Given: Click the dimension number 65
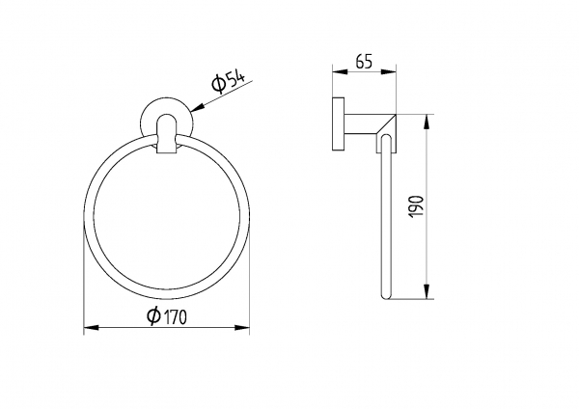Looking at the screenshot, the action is click(364, 62).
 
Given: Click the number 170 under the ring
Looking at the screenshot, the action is click(175, 316).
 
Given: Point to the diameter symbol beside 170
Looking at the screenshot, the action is click(153, 315).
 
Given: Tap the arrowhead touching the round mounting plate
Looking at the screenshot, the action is click(198, 107).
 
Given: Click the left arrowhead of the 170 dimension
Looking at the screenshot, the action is click(92, 327).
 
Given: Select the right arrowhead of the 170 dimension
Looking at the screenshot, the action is click(242, 327).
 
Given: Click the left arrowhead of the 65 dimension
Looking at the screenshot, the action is click(340, 72).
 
